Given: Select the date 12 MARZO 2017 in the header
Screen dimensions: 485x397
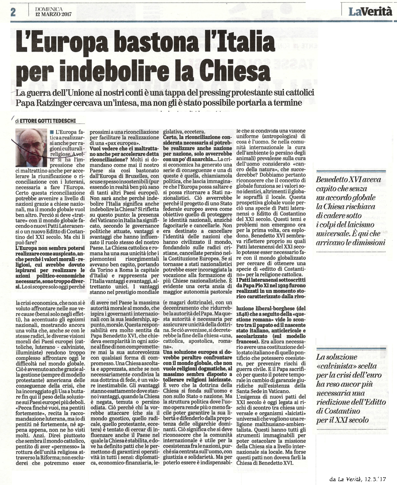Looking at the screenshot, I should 54,13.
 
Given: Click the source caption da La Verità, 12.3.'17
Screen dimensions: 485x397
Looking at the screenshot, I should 360,478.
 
